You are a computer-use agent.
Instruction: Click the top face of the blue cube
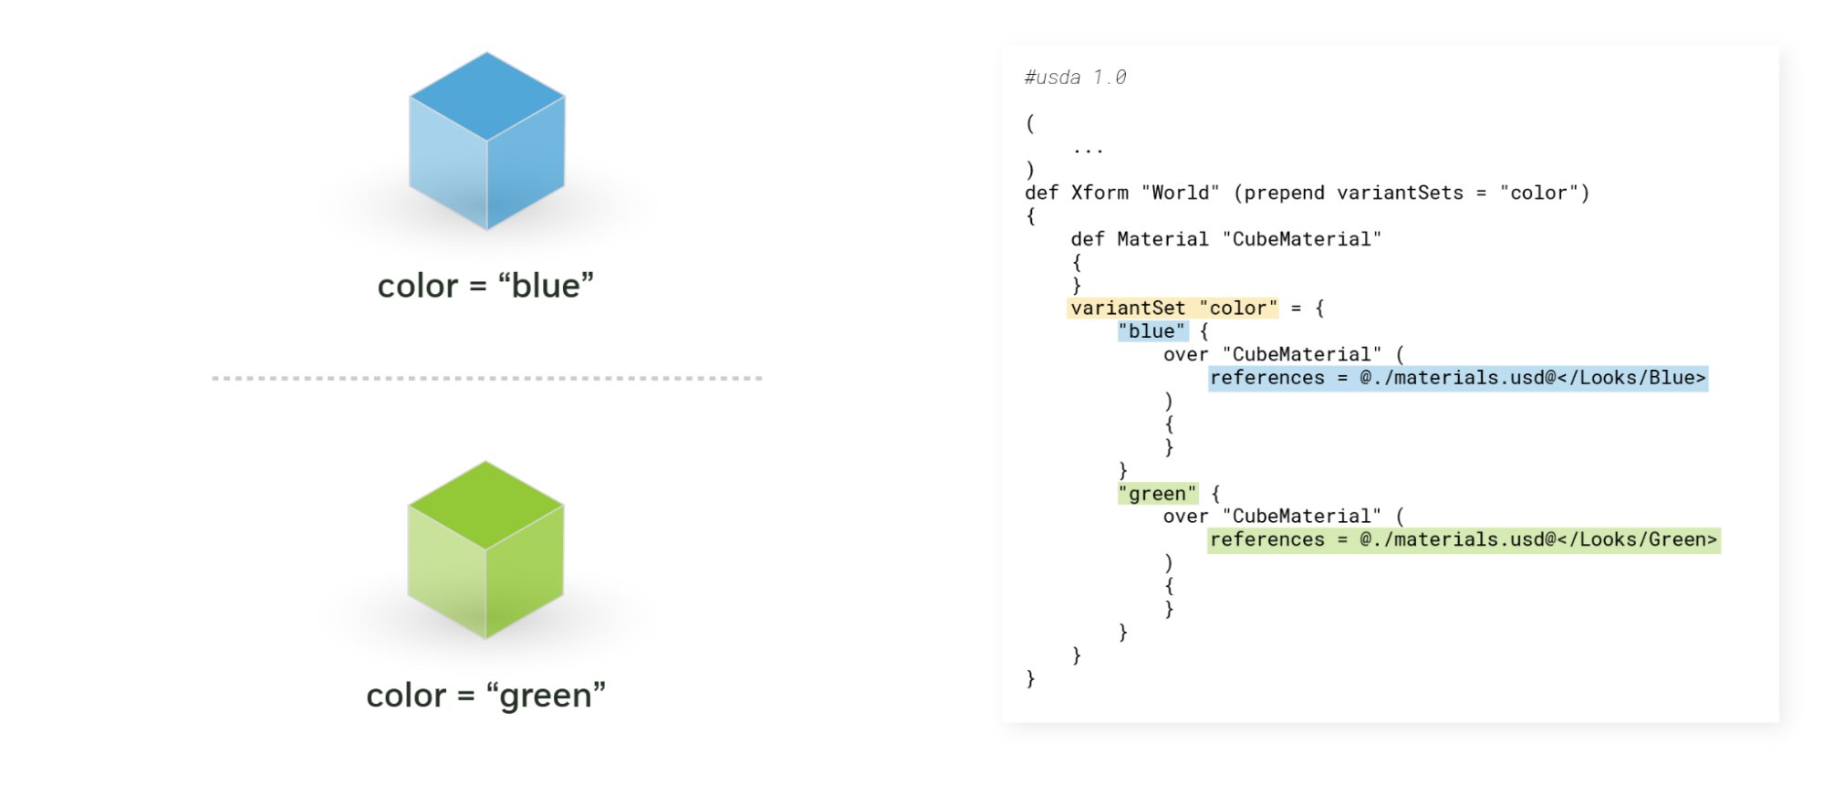(486, 96)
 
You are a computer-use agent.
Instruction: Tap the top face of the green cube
(485, 505)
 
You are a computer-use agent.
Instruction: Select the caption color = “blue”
(485, 286)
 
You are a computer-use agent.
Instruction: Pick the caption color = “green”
(485, 696)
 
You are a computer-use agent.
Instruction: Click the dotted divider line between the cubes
(487, 378)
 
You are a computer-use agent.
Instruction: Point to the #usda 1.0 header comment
(1075, 78)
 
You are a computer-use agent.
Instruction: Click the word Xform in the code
(1100, 193)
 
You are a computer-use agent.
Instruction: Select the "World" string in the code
(1180, 193)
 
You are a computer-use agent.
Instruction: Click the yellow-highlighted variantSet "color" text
(1173, 309)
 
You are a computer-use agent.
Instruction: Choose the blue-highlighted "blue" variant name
(1152, 331)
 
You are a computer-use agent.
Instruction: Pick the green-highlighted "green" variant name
(1158, 494)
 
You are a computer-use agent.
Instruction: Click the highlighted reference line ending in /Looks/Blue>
(1458, 378)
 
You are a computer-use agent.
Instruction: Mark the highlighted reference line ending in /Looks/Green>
(1464, 540)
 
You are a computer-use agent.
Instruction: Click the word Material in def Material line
(1162, 239)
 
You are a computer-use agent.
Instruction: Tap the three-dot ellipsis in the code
(1088, 150)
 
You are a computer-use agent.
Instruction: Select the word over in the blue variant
(1185, 354)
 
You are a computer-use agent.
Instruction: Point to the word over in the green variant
(1185, 517)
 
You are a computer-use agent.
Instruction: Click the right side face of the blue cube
(526, 164)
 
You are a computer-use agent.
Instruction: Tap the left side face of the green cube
(446, 573)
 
